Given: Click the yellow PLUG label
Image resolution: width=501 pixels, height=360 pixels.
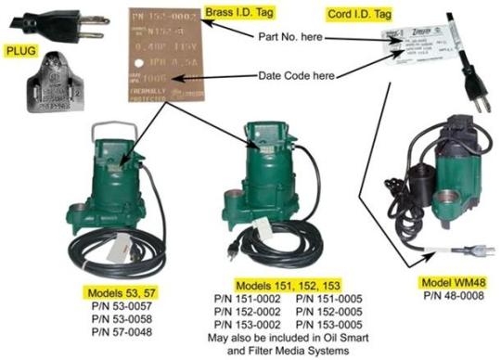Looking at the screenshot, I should (19, 52).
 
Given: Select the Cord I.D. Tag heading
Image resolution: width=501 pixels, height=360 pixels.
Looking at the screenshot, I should (357, 16).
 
